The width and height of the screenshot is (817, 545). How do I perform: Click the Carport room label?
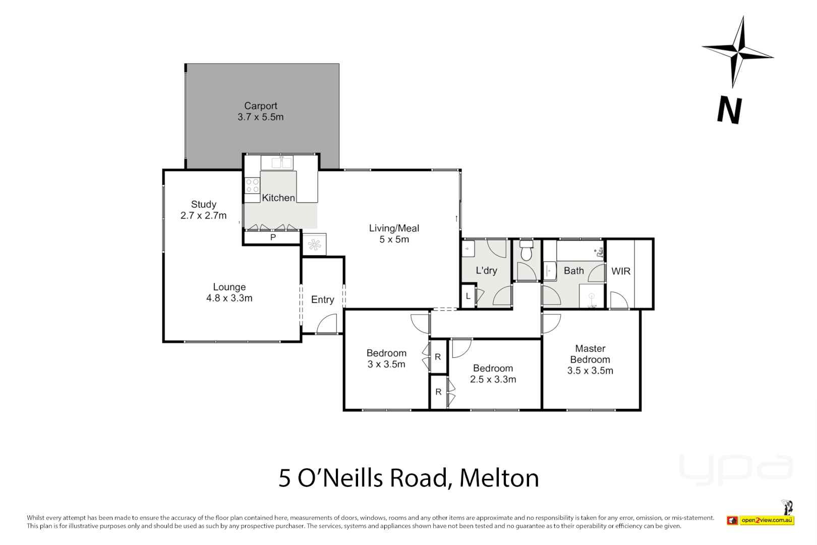260,112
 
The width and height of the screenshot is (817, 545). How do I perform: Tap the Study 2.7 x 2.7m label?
203,210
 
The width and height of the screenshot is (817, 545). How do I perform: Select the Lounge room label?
229,293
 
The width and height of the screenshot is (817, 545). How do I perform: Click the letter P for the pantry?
273,237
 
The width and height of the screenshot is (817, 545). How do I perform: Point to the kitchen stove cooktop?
252,185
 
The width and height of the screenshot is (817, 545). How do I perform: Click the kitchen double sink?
282,163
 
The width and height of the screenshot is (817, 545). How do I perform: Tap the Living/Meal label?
394,234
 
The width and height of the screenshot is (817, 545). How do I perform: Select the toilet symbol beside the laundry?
526,251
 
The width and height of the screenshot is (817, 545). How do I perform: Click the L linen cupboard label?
468,296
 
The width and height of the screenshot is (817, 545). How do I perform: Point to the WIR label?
621,271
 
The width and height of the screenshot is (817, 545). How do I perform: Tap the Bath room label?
573,271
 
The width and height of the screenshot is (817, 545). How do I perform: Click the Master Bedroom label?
590,359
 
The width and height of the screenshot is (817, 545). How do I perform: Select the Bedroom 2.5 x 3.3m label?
493,374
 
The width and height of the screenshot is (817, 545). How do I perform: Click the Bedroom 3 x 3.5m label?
386,359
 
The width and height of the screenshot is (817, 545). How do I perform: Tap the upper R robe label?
438,357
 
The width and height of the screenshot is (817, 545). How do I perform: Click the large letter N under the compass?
729,110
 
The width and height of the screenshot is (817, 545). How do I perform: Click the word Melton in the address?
499,478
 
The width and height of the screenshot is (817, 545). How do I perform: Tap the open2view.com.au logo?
767,520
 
